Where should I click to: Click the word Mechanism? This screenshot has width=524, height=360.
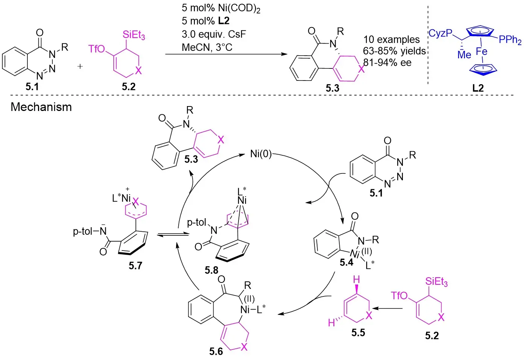[41, 107]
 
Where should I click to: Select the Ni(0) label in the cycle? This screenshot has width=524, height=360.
[261, 154]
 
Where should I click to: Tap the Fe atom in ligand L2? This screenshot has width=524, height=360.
[481, 52]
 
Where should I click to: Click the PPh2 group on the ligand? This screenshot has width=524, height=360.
[510, 40]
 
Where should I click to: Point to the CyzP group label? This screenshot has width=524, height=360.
[440, 33]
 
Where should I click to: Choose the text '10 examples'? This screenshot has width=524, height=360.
[391, 39]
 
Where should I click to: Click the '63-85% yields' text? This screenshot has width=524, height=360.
[394, 51]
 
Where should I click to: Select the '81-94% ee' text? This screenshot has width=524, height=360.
[387, 62]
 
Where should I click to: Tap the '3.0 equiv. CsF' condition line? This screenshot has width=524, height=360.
[214, 34]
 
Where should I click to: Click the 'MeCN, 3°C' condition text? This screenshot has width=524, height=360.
[207, 47]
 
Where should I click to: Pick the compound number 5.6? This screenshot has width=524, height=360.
[216, 351]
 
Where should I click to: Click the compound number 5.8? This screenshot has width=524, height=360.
[211, 270]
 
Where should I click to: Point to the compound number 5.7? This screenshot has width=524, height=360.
[135, 266]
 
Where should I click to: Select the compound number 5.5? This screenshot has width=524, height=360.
[358, 333]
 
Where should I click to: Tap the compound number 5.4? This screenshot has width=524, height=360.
[346, 262]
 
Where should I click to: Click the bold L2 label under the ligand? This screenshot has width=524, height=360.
[478, 88]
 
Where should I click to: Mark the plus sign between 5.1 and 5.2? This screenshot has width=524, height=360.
[80, 67]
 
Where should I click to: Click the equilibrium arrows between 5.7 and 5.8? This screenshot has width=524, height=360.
[167, 235]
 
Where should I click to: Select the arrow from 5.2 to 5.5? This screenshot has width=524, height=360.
[389, 309]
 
